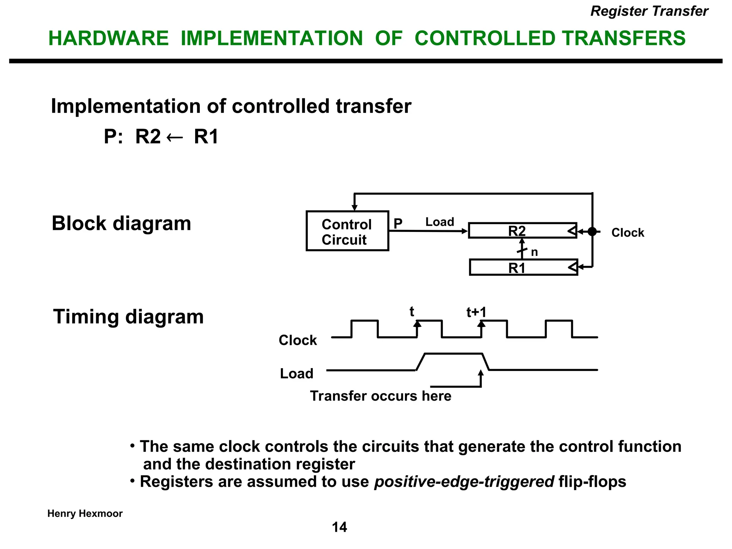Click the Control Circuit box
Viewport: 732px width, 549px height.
click(347, 231)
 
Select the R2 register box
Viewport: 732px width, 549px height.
click(522, 231)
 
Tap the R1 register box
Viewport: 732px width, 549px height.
click(523, 267)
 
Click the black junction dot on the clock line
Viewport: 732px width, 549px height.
click(592, 232)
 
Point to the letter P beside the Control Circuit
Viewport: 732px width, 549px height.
click(398, 224)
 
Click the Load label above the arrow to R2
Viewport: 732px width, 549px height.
click(440, 222)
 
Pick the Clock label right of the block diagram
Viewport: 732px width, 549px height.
click(628, 233)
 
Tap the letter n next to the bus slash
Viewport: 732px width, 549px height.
click(534, 252)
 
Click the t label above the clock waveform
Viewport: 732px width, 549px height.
click(412, 312)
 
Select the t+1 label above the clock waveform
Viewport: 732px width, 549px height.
click(476, 312)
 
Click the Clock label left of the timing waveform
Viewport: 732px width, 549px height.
click(298, 340)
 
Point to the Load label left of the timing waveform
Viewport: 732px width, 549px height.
click(297, 374)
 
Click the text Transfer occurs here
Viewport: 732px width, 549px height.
click(381, 396)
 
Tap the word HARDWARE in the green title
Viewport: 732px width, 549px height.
click(108, 38)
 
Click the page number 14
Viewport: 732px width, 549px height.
click(339, 527)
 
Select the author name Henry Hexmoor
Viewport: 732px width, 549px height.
click(85, 514)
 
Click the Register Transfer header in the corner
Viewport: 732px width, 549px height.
click(649, 11)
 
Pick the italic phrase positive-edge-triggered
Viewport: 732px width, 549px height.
click(464, 481)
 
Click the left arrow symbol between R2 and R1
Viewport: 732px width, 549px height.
click(175, 137)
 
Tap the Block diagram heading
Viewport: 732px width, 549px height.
click(122, 223)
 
